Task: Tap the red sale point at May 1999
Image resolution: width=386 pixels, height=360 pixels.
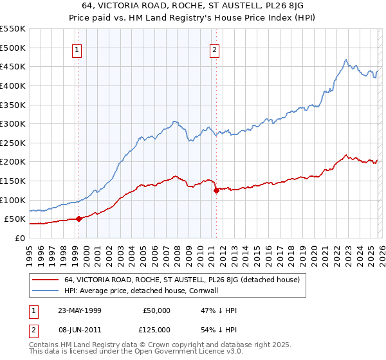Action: point(78,219)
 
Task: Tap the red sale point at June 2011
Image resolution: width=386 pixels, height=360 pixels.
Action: point(216,190)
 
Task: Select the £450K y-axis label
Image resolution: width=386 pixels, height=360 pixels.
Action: point(13,66)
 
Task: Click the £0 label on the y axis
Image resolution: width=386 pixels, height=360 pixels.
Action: point(19,238)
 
